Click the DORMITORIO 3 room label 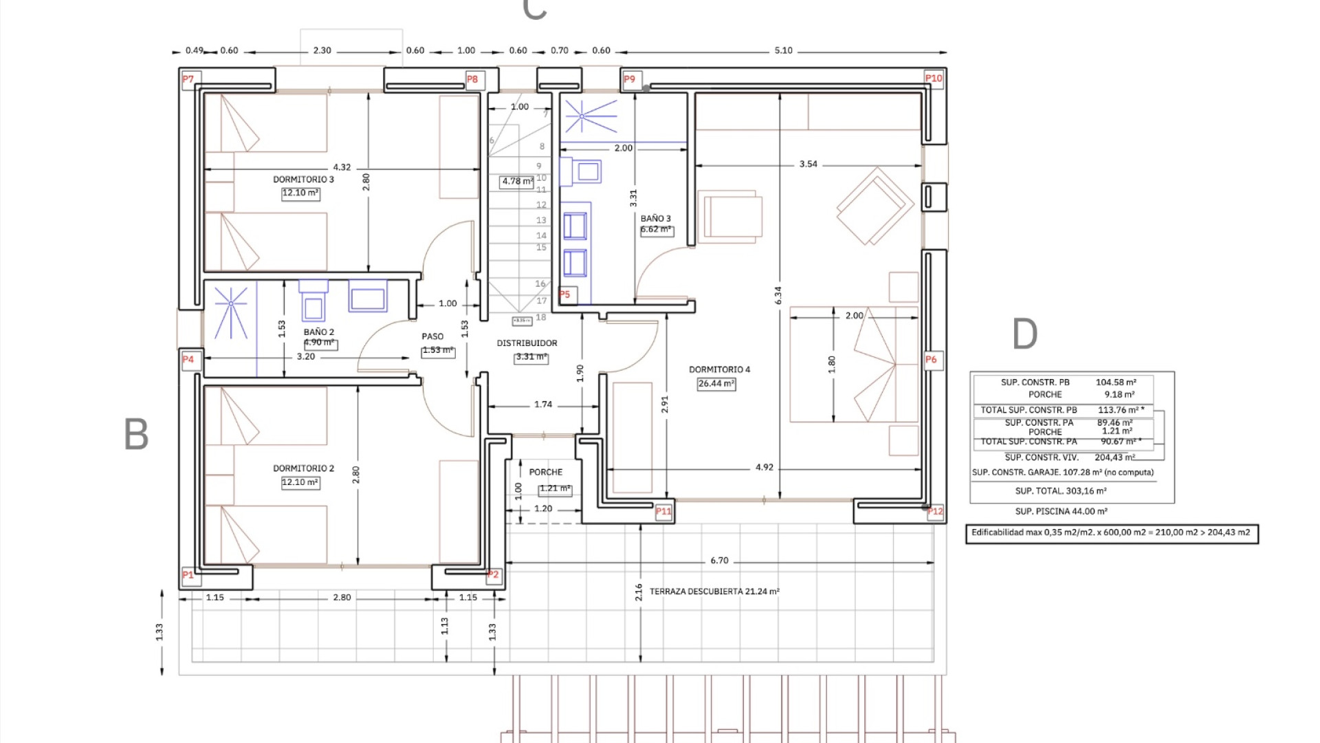303,180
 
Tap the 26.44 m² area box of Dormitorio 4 716,384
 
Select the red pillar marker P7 188,79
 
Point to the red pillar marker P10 934,78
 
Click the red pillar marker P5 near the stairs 564,294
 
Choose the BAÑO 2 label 319,332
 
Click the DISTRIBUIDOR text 527,343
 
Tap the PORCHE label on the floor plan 546,473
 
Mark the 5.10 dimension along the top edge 783,51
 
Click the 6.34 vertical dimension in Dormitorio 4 778,296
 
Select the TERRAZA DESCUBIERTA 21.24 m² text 714,592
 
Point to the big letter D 1024,334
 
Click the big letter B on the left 136,435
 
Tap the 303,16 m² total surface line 1061,491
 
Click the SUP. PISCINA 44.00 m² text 1061,512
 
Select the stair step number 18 541,318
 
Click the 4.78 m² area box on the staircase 517,182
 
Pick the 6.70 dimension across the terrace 719,561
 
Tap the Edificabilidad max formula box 1111,533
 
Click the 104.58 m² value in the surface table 1115,383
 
